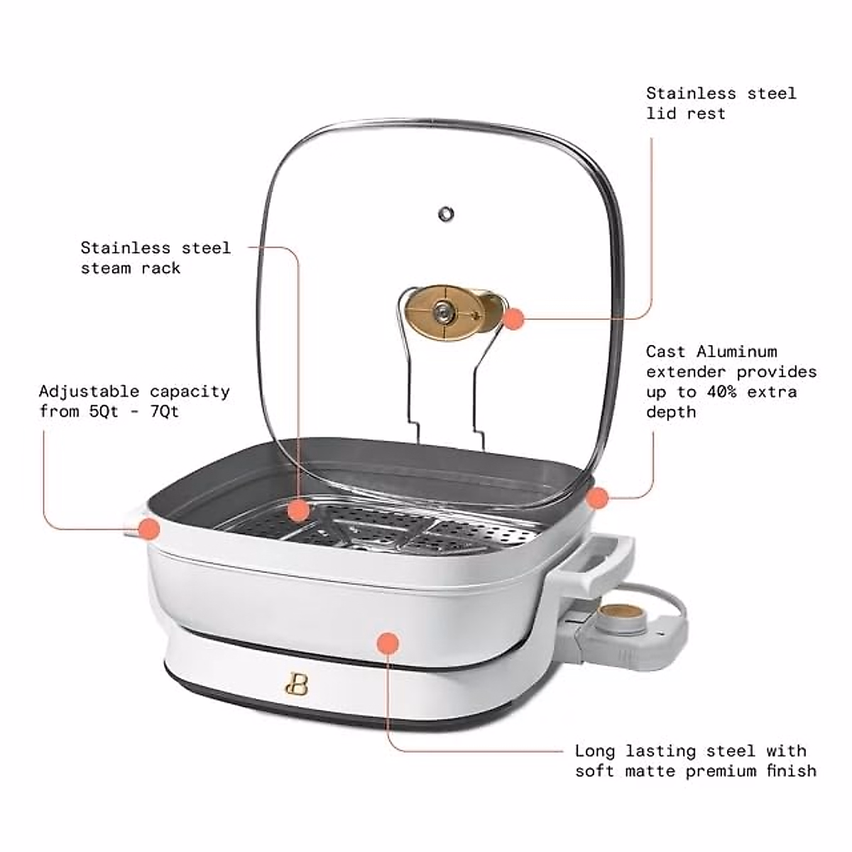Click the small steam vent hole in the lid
(x=446, y=213)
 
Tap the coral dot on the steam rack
(x=299, y=510)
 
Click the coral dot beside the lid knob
(x=513, y=319)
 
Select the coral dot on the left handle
(x=148, y=528)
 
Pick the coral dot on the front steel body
(x=388, y=643)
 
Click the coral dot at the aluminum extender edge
(x=598, y=498)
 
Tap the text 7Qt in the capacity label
(x=165, y=412)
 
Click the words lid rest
(x=686, y=114)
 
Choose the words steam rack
(x=131, y=268)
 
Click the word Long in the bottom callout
(x=595, y=751)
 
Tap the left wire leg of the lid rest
(x=408, y=383)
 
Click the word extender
(x=686, y=372)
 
